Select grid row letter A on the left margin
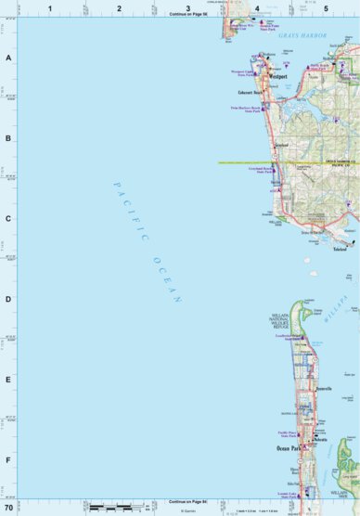7,58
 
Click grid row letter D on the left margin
7,299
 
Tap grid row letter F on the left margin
7,459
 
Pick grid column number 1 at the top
50,7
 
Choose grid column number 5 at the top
326,7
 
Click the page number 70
8,509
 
